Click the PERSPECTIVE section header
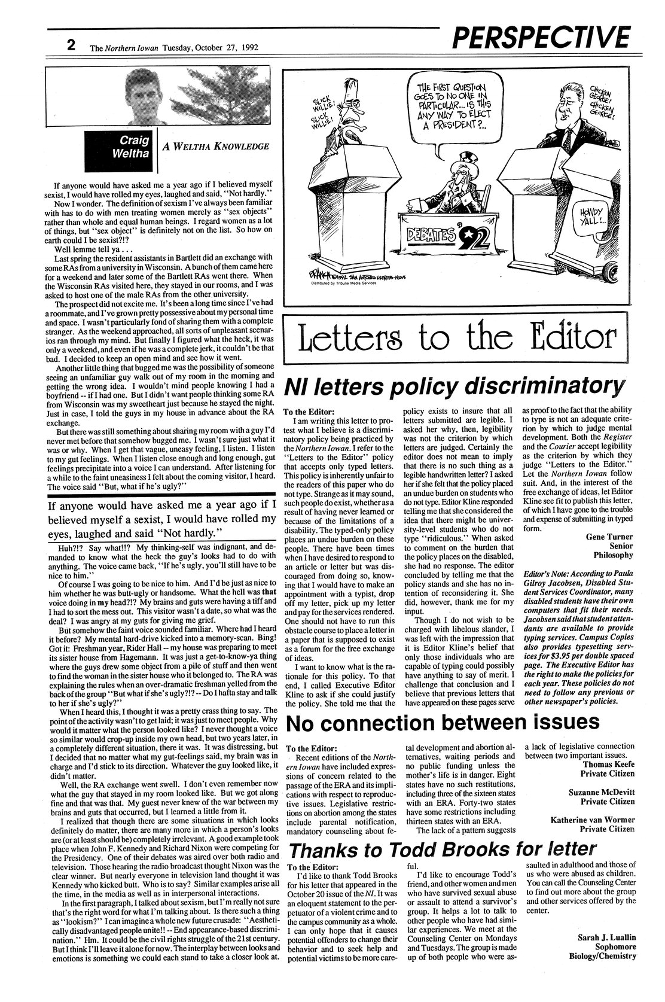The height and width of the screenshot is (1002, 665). click(x=541, y=38)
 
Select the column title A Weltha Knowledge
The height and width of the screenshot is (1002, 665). click(x=212, y=146)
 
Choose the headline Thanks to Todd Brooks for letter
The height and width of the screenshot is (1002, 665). click(x=443, y=848)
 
